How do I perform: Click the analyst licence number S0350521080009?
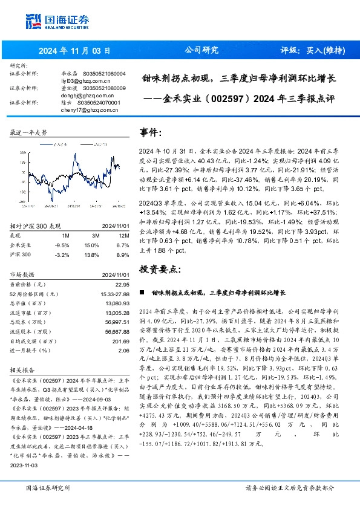(x=101, y=88)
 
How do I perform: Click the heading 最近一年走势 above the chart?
(x=29, y=132)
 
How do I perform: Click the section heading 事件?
(x=151, y=132)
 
